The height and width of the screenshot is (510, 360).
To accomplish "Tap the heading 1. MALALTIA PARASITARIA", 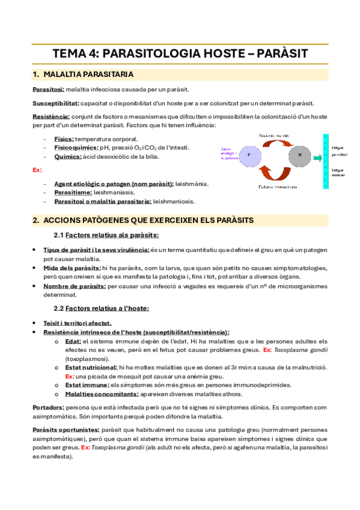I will point(82,75).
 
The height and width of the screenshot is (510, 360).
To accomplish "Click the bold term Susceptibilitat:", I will point(56,103).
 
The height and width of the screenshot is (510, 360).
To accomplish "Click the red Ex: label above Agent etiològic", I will point(37,170).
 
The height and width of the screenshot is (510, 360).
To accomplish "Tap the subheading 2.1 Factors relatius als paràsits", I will point(106,235).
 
